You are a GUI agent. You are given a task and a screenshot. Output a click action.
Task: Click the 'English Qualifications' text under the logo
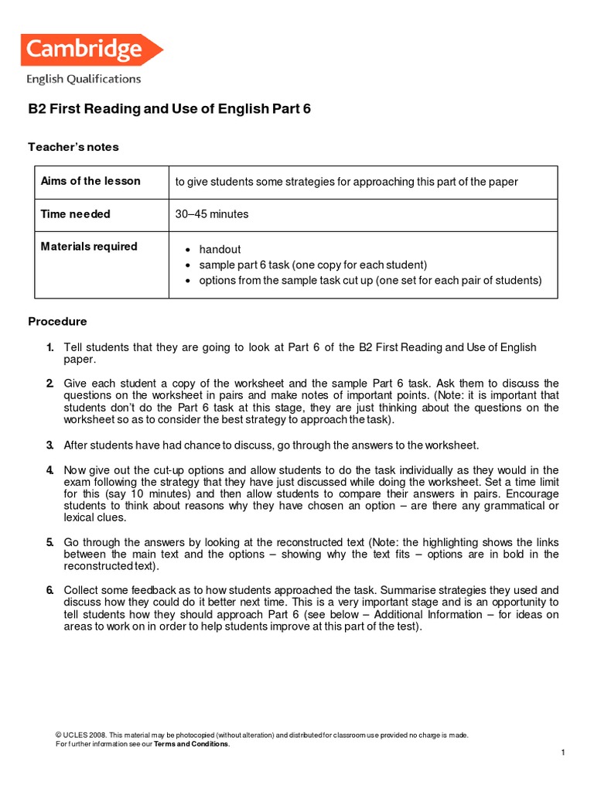click(84, 79)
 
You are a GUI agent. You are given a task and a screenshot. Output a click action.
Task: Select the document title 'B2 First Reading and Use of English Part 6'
click(169, 109)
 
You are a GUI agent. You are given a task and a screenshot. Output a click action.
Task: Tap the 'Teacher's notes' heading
click(73, 147)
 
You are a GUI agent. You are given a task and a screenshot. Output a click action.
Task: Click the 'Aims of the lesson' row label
click(90, 181)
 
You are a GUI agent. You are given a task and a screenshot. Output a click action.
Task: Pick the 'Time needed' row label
click(75, 214)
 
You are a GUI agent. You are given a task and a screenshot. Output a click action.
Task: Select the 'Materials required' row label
click(89, 247)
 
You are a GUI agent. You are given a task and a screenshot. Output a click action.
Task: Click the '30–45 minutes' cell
click(212, 214)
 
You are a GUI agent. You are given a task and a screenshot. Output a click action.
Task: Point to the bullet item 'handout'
click(220, 249)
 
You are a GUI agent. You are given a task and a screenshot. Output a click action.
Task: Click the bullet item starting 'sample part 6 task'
click(312, 265)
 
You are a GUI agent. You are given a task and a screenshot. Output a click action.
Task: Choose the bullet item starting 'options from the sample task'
click(370, 280)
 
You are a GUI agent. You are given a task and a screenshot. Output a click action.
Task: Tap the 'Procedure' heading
click(57, 321)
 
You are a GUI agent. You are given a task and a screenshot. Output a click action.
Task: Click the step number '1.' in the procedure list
click(49, 348)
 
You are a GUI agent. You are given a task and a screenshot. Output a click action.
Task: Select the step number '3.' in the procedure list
click(49, 445)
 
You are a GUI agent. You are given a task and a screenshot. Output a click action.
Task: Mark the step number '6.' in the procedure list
click(49, 590)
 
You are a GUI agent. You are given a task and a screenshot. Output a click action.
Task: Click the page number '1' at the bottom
click(563, 753)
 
